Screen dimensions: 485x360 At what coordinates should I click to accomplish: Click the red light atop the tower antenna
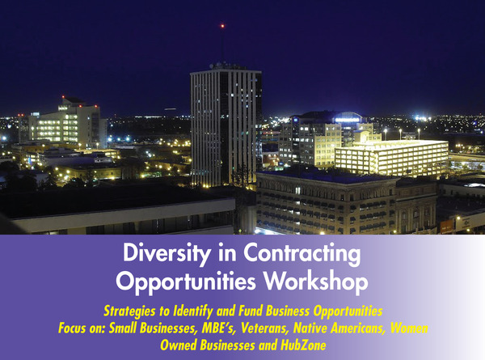coord(222,26)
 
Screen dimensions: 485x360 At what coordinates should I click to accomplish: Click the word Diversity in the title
coord(166,253)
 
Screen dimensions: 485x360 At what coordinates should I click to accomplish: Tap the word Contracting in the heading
coord(302,253)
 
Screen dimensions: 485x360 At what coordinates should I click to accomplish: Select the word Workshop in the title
coord(316,281)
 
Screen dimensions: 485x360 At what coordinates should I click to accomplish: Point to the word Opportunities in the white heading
coord(186,281)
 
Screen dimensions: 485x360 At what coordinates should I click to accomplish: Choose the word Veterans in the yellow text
coord(265,328)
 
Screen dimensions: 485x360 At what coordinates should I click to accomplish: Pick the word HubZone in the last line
coord(303,345)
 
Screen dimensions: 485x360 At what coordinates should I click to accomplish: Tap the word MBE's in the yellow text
coord(219,328)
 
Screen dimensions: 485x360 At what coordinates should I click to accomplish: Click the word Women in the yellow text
coord(409,328)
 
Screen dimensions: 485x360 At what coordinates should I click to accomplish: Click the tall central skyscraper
coord(226,127)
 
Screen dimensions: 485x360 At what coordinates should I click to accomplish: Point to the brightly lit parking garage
coord(392,157)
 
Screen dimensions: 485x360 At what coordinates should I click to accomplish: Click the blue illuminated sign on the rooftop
coord(348,120)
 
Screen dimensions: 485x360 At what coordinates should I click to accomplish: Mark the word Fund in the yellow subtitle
coord(251,311)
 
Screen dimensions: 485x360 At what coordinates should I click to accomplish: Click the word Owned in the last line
coord(178,345)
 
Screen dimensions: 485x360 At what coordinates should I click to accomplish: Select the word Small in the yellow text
coord(123,328)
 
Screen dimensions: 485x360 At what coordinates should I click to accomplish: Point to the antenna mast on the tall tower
coord(222,44)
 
